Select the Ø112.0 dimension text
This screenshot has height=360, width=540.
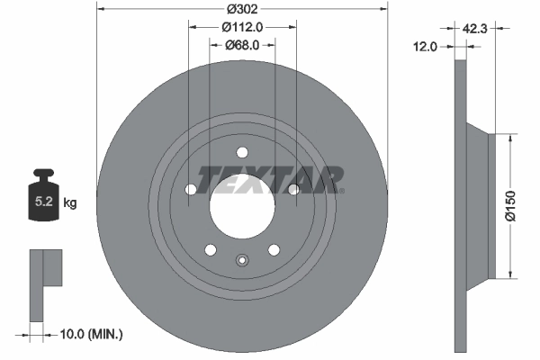coord(242,25)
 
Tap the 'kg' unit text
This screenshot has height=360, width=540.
coord(70,203)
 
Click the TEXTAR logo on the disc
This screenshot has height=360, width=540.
coord(270,179)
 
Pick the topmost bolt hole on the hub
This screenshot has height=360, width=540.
coord(241,152)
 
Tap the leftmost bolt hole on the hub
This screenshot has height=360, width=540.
coord(190,189)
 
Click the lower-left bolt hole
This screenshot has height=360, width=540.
coord(210,249)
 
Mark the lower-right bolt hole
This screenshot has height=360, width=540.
coord(274,249)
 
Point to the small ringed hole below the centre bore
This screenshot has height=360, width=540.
coord(241,260)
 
